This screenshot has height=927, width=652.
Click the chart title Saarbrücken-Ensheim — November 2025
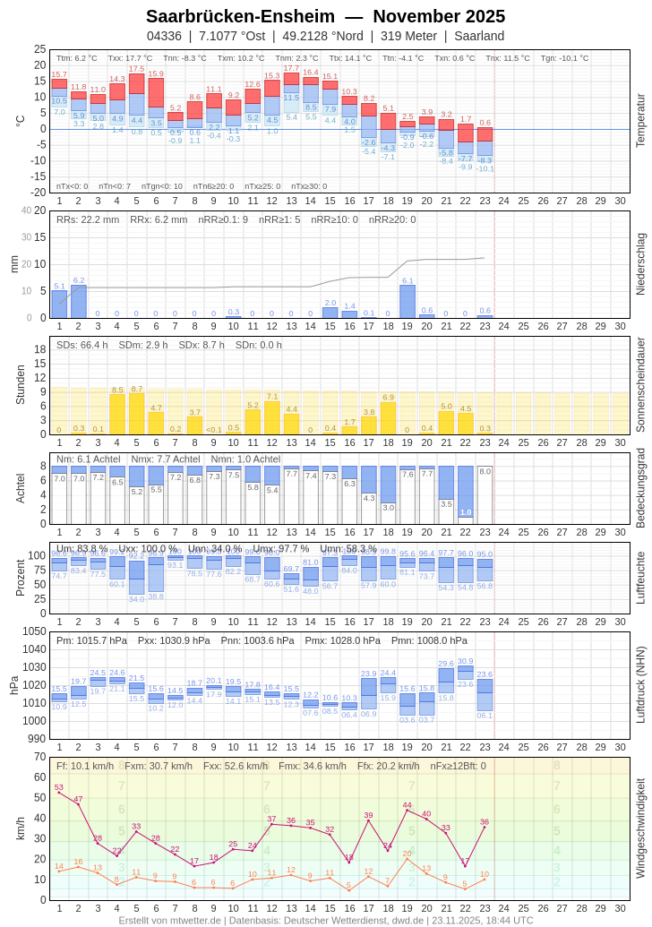[x=325, y=16]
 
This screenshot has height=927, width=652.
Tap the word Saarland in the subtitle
[x=479, y=36]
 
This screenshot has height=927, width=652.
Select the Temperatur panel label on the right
[x=640, y=121]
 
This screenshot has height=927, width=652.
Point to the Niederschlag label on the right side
[x=640, y=264]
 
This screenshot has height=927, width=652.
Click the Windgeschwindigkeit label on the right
[x=640, y=828]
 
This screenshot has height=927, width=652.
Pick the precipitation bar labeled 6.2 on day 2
[x=79, y=302]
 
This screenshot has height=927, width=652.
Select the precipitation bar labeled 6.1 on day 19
[x=407, y=302]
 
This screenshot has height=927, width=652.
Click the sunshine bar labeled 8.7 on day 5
[x=136, y=414]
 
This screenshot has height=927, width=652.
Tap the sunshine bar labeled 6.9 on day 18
[x=388, y=418]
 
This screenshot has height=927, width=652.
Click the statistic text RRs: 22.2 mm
[x=88, y=219]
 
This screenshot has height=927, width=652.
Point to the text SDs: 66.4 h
[x=82, y=345]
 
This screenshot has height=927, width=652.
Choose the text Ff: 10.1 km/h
[x=85, y=766]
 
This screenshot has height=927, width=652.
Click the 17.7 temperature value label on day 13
[x=291, y=68]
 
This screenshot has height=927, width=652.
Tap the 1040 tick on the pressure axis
[x=35, y=649]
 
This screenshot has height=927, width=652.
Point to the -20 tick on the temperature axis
[x=39, y=193]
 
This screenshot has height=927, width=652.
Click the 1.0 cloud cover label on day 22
[x=466, y=512]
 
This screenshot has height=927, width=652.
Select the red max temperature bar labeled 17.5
[x=136, y=83]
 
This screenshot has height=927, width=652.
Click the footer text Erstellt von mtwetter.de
[x=170, y=920]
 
